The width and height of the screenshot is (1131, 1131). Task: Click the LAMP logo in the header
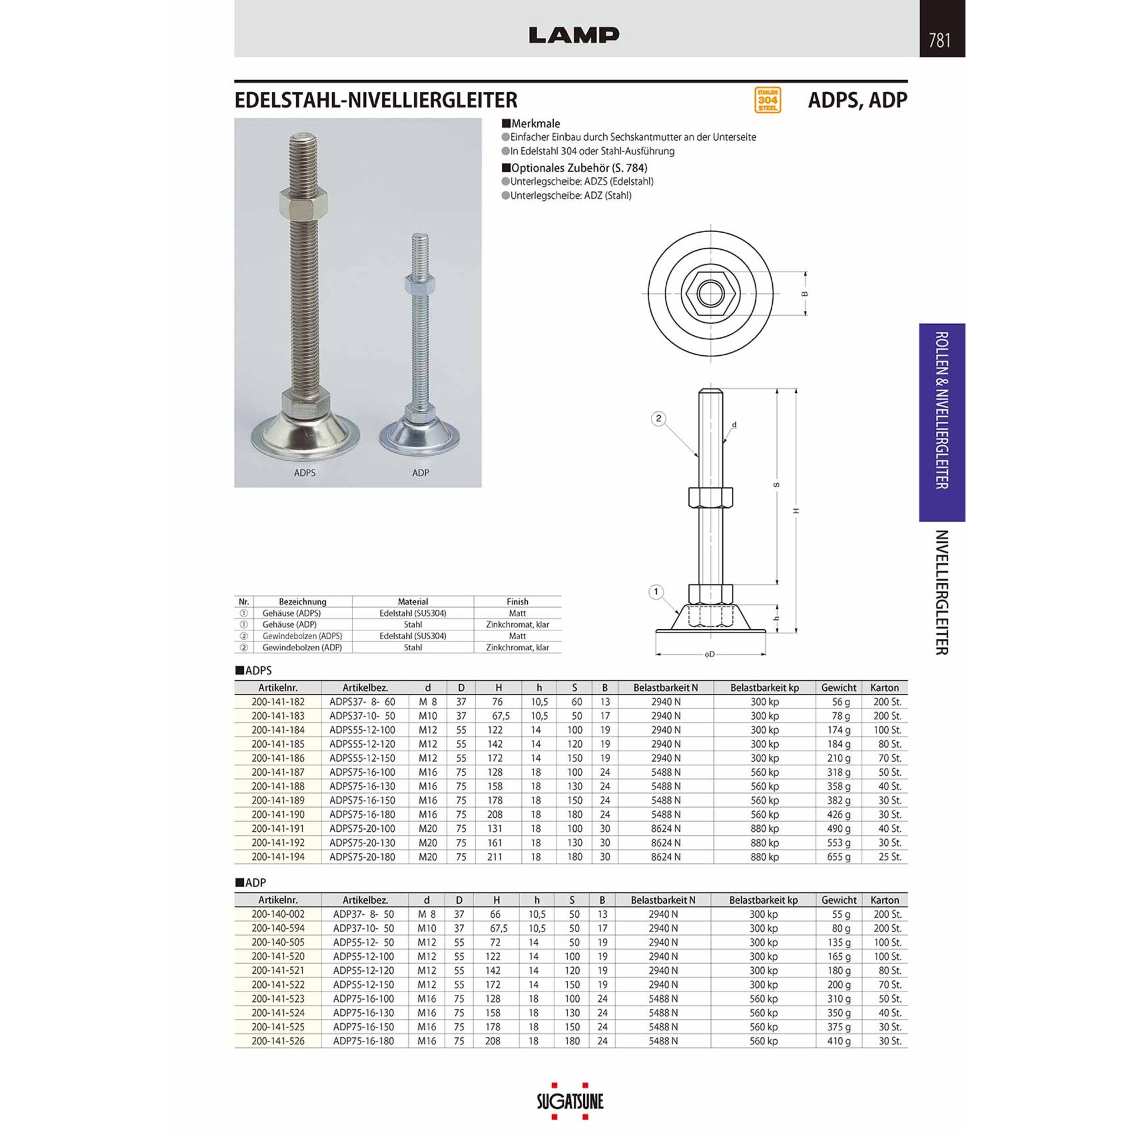click(574, 35)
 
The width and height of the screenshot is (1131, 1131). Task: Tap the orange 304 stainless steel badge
click(768, 100)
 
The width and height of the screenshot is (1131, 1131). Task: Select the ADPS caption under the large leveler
click(305, 472)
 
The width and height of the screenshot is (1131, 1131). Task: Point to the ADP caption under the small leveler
click(421, 472)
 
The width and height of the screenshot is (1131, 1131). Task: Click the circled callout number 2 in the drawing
click(659, 419)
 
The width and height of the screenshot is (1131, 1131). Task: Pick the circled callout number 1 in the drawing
click(656, 592)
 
